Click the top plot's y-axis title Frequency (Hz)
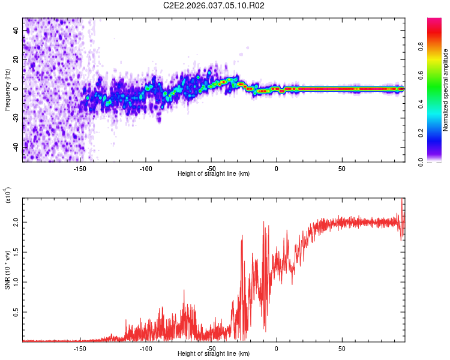tap(7, 90)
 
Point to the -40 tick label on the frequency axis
tap(16, 147)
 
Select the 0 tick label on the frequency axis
tap(16, 89)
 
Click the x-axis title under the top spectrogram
tap(214, 173)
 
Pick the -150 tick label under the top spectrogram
tap(80, 168)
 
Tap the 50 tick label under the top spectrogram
tap(341, 168)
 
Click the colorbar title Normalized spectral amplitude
tap(445, 90)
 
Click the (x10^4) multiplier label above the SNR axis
tap(8, 196)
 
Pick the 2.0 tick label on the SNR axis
tap(16, 222)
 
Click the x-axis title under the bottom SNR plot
tap(214, 353)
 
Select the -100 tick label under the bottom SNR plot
tap(146, 348)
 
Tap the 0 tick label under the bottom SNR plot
tap(277, 348)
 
